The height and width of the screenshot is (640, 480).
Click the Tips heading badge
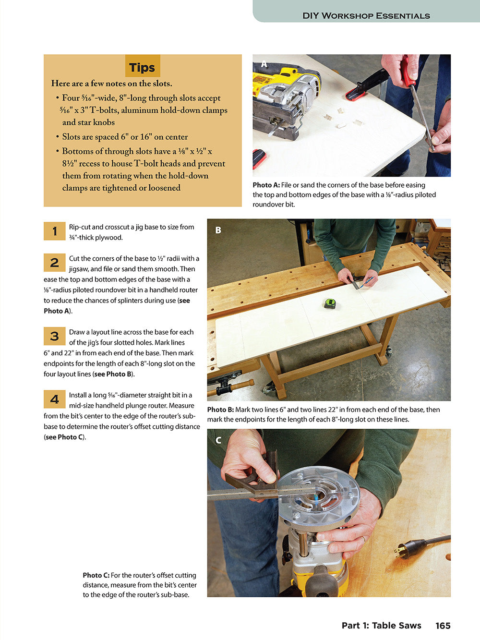point(142,67)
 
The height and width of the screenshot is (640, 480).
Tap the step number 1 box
point(54,231)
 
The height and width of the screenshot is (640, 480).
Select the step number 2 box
point(54,263)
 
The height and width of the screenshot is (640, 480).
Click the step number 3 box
point(54,336)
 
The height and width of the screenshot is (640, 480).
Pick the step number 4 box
point(54,399)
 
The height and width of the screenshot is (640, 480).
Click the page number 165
point(443,626)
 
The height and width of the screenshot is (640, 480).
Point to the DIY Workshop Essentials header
point(366,15)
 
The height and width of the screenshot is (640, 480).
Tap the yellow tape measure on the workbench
point(330,303)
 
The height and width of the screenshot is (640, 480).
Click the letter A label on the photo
point(264,64)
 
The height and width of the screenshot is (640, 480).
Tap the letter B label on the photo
point(218,230)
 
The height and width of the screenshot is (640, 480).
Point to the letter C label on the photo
point(218,440)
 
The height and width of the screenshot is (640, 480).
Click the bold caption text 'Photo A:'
point(266,185)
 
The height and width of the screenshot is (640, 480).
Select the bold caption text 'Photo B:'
point(220,410)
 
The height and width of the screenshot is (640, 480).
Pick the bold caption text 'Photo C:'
point(96,575)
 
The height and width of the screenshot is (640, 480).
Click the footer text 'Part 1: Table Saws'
point(381,626)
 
